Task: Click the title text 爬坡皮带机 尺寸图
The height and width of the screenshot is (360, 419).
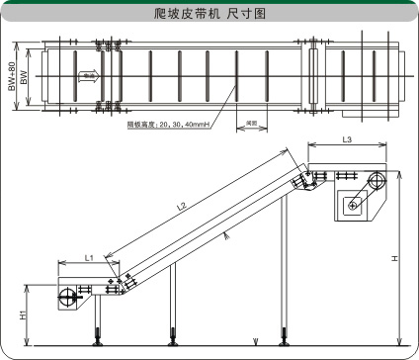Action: coord(209,14)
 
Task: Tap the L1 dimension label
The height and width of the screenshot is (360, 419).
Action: coord(88,257)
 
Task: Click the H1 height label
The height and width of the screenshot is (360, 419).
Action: coord(23,315)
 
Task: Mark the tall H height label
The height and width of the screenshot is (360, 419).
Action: coord(394,258)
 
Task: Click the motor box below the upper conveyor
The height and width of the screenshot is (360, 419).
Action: coord(353,205)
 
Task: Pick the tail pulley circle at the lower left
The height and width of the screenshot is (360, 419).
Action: coord(68,298)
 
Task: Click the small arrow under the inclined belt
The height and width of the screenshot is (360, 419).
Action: coord(226,234)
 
